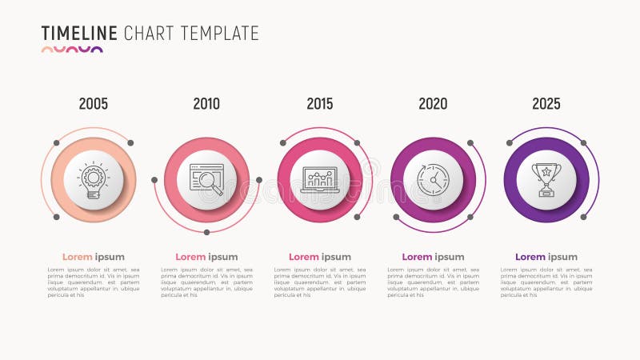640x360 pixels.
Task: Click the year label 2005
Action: pos(94,104)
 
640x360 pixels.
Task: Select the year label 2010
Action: pos(206,104)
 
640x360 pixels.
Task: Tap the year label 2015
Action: pos(320,104)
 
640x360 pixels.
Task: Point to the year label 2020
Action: pos(433,104)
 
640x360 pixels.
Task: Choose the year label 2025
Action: pos(546,104)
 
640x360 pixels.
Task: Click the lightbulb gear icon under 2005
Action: pos(94,180)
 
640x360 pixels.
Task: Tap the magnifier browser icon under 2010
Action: pos(206,180)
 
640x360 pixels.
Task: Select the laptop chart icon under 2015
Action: pos(320,180)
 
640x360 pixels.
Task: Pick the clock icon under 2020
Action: pos(433,180)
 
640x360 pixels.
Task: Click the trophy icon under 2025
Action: pos(546,180)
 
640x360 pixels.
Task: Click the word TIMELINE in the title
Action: pos(79,34)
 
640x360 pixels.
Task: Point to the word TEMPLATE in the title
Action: pos(220,34)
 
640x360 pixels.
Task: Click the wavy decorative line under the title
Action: pos(72,50)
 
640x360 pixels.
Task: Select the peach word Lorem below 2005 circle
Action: pos(78,257)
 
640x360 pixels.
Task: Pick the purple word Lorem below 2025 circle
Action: pos(530,257)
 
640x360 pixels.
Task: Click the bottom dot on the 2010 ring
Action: pos(206,232)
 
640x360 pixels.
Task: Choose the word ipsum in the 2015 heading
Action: pos(337,257)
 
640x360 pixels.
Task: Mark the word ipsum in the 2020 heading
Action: pos(450,257)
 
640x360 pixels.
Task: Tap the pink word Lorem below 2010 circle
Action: pos(190,257)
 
